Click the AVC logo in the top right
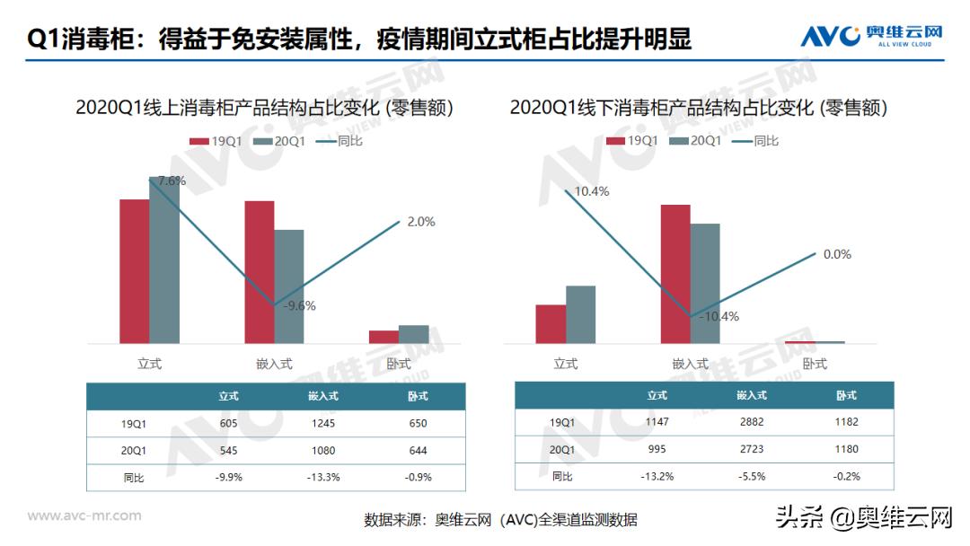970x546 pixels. pyautogui.click(x=870, y=36)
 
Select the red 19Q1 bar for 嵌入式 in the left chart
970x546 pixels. pyautogui.click(x=260, y=271)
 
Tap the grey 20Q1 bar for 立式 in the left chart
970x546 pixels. pyautogui.click(x=164, y=260)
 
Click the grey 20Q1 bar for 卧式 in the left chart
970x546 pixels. pyautogui.click(x=413, y=334)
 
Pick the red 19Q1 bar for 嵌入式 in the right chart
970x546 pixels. pyautogui.click(x=675, y=274)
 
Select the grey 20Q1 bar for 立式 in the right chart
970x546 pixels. pyautogui.click(x=580, y=314)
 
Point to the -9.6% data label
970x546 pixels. pyautogui.click(x=299, y=305)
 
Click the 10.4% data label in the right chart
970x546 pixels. pyautogui.click(x=592, y=191)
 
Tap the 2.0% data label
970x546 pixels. pyautogui.click(x=420, y=222)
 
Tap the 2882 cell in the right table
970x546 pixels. pyautogui.click(x=751, y=422)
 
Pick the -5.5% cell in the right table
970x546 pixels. pyautogui.click(x=751, y=476)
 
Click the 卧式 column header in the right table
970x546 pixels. pyautogui.click(x=846, y=395)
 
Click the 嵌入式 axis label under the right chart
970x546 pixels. pyautogui.click(x=690, y=364)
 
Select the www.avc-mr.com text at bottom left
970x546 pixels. pyautogui.click(x=84, y=515)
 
